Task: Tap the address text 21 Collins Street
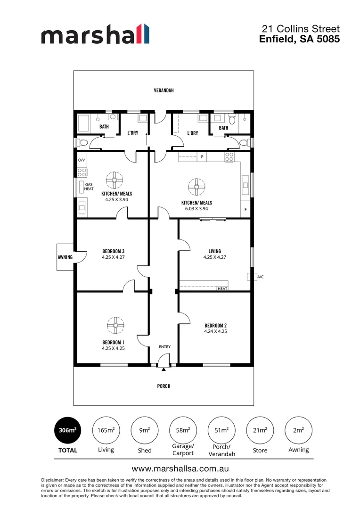pos(300,29)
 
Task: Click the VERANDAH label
pos(163,90)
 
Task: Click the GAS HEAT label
pos(89,187)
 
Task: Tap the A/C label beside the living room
pos(259,277)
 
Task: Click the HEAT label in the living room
pos(222,288)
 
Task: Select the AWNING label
pos(65,257)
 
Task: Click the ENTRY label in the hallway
pos(164,347)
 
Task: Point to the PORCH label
pos(164,386)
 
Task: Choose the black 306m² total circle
pos(67,430)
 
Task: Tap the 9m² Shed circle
pos(144,430)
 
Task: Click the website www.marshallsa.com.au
pos(180,469)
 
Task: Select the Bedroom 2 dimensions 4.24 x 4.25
pos(216,331)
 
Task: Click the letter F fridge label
pos(245,209)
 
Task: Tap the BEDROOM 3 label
pos(113,251)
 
